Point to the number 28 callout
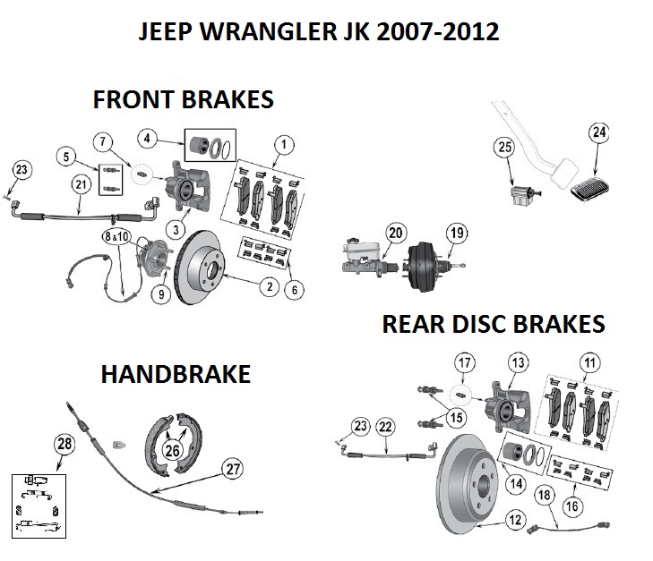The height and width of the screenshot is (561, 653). (x=63, y=444)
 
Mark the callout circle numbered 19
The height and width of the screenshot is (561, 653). (x=457, y=234)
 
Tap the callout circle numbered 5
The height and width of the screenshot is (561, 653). (x=64, y=157)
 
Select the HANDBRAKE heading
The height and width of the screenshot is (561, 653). (x=176, y=374)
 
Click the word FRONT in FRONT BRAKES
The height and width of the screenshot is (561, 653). (x=135, y=98)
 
